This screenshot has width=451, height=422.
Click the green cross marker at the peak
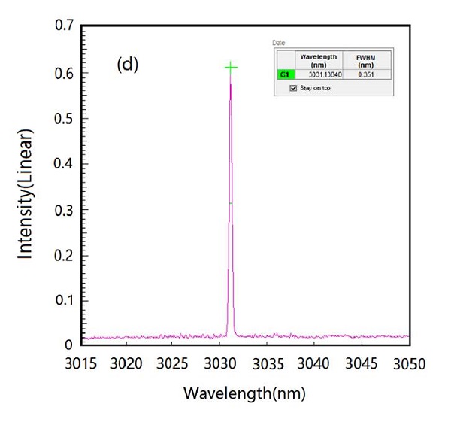tap(231, 68)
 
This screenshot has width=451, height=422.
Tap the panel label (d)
tap(127, 65)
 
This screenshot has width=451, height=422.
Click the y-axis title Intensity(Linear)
tap(26, 194)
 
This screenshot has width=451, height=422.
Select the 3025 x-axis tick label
tap(172, 364)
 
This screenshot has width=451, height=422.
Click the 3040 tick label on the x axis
tap(312, 364)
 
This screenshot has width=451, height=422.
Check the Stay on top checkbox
tap(294, 88)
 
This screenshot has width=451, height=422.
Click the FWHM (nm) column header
tap(364, 61)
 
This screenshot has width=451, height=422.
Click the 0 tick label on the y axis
tap(68, 345)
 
